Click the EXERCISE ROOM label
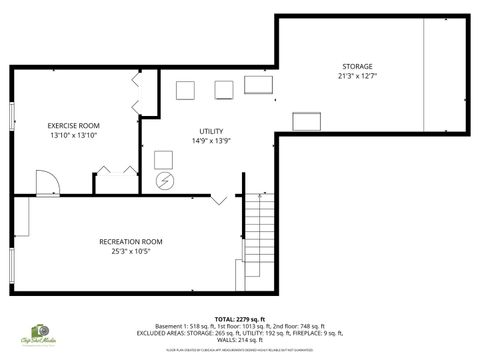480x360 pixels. (74, 126)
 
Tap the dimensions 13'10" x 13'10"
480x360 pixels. (74, 136)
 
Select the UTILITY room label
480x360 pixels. (211, 131)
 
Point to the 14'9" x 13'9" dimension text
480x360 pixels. (211, 141)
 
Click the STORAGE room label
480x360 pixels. (356, 65)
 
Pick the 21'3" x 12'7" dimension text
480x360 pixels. (356, 75)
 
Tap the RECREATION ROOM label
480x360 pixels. (130, 241)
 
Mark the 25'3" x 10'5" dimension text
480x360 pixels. (130, 251)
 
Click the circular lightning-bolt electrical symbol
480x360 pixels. (165, 180)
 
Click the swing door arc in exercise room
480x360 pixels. (47, 183)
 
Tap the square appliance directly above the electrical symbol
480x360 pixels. (165, 159)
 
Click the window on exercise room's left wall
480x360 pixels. (11, 115)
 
